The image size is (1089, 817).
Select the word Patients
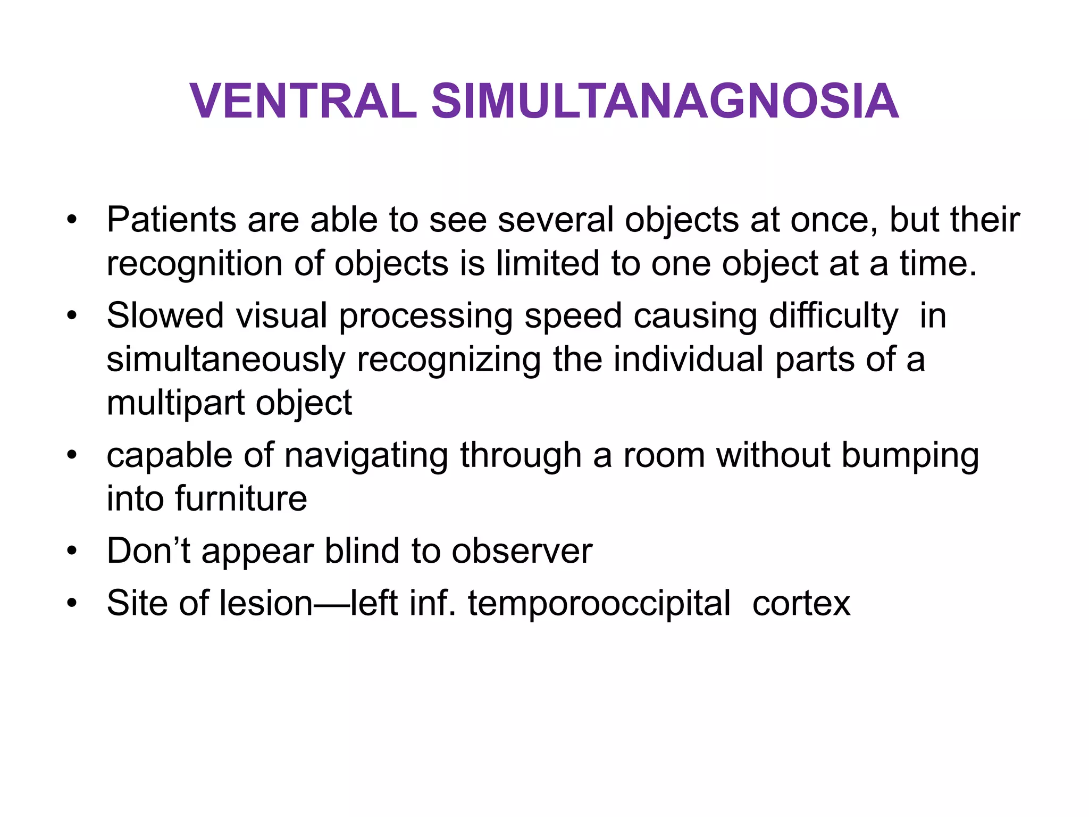tap(171, 220)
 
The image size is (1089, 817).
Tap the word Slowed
tap(165, 315)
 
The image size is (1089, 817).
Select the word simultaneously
tap(226, 360)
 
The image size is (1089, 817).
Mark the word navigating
tap(366, 457)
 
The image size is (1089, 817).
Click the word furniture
tap(241, 499)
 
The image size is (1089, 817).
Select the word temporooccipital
tap(599, 604)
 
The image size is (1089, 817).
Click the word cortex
tap(801, 604)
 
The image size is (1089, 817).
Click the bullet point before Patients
tap(72, 220)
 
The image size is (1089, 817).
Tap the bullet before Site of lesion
tap(72, 603)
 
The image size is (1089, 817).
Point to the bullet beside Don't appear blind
tap(72, 551)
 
